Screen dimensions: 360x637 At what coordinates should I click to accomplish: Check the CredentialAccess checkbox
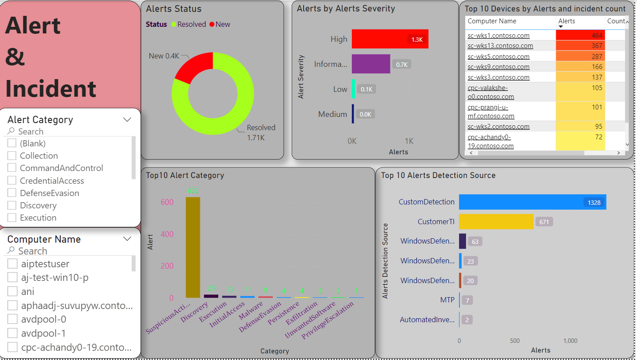pyautogui.click(x=12, y=181)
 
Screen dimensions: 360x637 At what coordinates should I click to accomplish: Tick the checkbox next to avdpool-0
pyautogui.click(x=12, y=319)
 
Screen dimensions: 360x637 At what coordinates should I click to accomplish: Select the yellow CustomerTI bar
pyautogui.click(x=496, y=222)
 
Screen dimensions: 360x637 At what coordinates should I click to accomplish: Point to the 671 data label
pyautogui.click(x=544, y=222)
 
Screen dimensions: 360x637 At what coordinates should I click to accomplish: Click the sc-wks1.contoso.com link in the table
pyautogui.click(x=498, y=36)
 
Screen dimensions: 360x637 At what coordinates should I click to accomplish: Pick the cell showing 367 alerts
pyautogui.click(x=580, y=46)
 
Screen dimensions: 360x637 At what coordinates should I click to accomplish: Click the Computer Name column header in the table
pyautogui.click(x=492, y=21)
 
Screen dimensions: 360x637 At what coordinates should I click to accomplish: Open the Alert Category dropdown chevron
pyautogui.click(x=127, y=120)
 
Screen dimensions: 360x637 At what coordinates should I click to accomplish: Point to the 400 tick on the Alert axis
pyautogui.click(x=166, y=234)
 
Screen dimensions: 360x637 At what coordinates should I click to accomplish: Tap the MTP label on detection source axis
pyautogui.click(x=448, y=300)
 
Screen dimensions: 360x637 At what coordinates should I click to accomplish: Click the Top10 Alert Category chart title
pyautogui.click(x=185, y=175)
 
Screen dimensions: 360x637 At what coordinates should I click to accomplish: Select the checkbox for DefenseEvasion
pyautogui.click(x=12, y=193)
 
